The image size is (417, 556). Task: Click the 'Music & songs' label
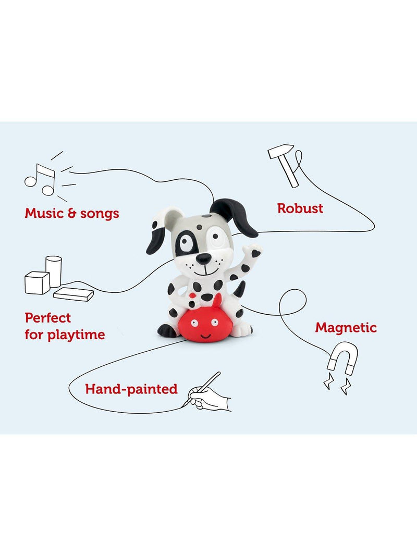pyautogui.click(x=72, y=214)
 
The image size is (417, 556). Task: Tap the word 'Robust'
pyautogui.click(x=300, y=208)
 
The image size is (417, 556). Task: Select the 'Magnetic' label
pyautogui.click(x=346, y=328)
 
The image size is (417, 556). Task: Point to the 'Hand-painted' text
pyautogui.click(x=131, y=389)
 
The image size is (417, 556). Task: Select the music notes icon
pyautogui.click(x=40, y=179)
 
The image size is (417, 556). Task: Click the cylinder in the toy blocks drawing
pyautogui.click(x=54, y=271)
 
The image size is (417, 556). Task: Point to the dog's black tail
pyautogui.click(x=239, y=289)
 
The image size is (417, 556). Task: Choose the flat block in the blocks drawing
pyautogui.click(x=73, y=294)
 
